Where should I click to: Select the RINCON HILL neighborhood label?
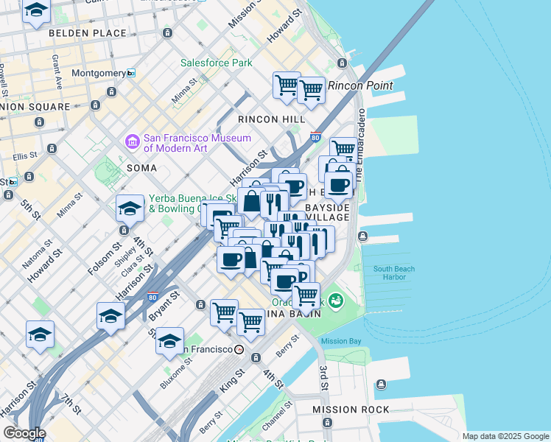click(x=271, y=119)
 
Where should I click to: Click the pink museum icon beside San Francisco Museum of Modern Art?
click(x=133, y=141)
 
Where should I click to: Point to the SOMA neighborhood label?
click(x=141, y=168)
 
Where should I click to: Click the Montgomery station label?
click(x=99, y=74)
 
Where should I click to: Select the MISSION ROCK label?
click(x=351, y=410)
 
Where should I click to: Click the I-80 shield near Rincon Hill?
click(x=315, y=137)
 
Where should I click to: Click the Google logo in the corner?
click(x=24, y=433)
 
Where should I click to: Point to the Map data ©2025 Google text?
click(x=505, y=436)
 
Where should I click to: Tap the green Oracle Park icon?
click(x=336, y=301)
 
